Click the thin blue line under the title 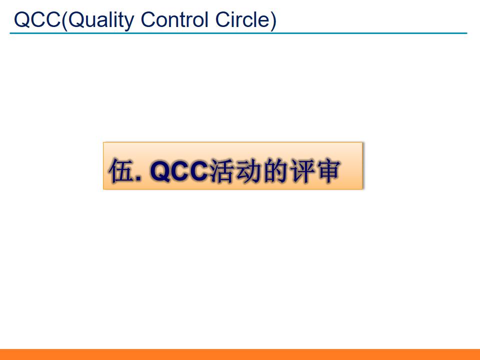pyautogui.click(x=238, y=33)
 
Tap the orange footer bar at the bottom pyautogui.click(x=240, y=354)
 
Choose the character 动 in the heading pyautogui.click(x=247, y=171)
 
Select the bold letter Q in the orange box pyautogui.click(x=159, y=171)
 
